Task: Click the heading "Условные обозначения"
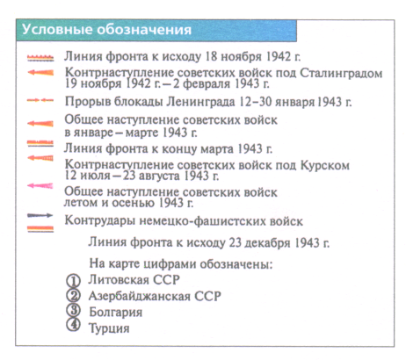[x=106, y=30]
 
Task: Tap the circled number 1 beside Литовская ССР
[x=73, y=281]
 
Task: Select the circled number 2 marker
[x=73, y=295]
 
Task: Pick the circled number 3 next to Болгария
[x=73, y=311]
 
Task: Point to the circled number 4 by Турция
[x=73, y=325]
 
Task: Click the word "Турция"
[x=109, y=328]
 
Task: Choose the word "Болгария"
[x=116, y=313]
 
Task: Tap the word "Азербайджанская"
[x=140, y=296]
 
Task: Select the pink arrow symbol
[x=40, y=185]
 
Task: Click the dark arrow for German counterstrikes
[x=40, y=216]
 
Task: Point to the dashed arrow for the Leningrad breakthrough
[x=40, y=100]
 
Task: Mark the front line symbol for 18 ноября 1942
[x=40, y=58]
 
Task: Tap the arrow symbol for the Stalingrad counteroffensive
[x=40, y=72]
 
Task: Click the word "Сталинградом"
[x=341, y=73]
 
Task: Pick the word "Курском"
[x=325, y=166]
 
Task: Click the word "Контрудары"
[x=100, y=220]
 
